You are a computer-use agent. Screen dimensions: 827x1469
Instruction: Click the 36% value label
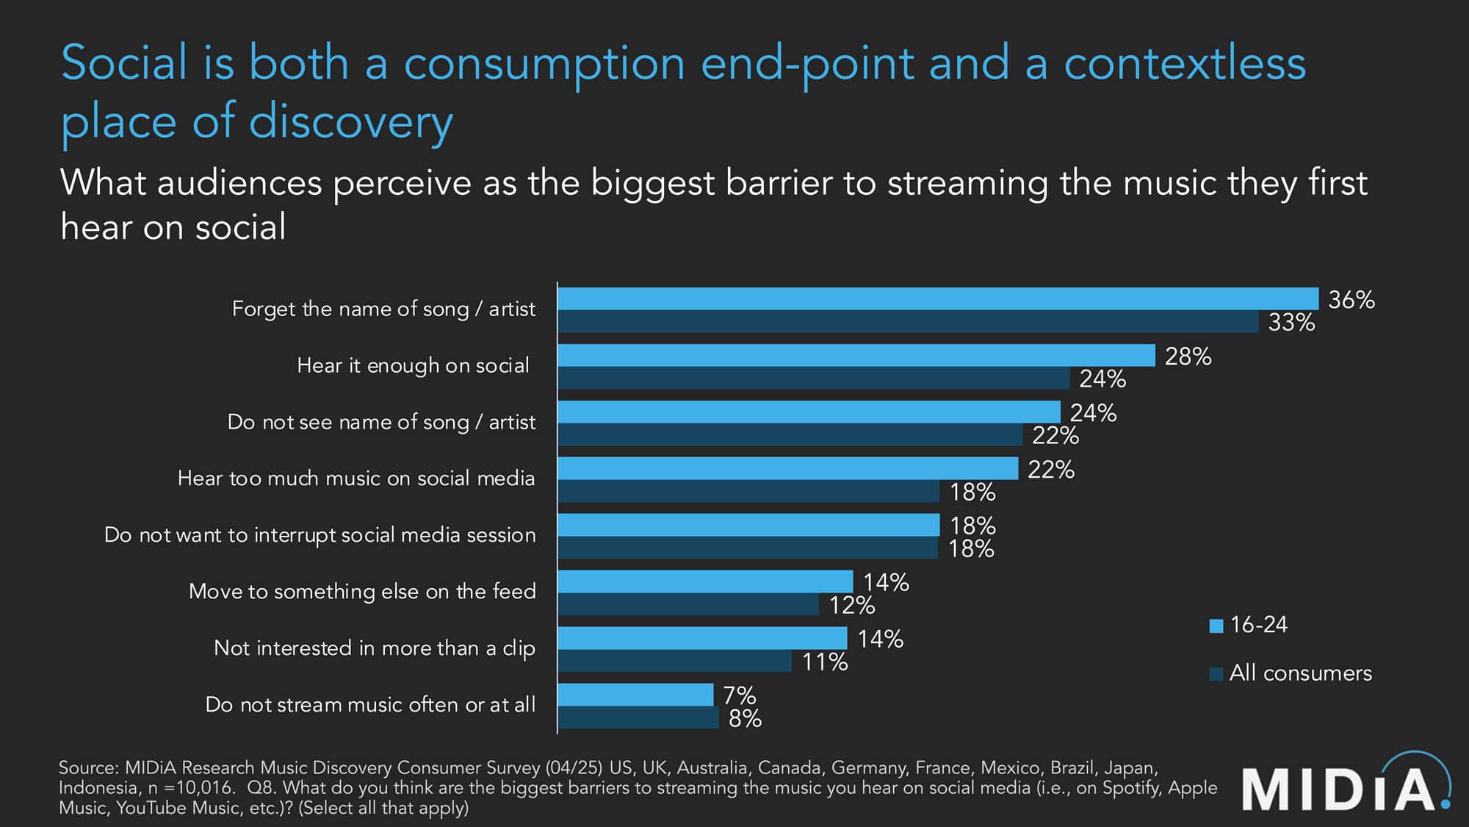pyautogui.click(x=1351, y=300)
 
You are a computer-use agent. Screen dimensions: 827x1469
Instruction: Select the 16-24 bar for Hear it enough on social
pyautogui.click(x=856, y=356)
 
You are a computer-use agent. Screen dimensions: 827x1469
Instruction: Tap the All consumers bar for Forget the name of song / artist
pyautogui.click(x=908, y=322)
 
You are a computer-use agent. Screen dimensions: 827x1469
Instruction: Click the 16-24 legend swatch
pyautogui.click(x=1216, y=626)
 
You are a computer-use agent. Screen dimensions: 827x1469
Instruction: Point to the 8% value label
pyautogui.click(x=744, y=718)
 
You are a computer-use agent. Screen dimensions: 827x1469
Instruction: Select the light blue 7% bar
pyautogui.click(x=635, y=695)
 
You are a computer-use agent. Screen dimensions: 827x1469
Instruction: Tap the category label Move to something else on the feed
pyautogui.click(x=362, y=592)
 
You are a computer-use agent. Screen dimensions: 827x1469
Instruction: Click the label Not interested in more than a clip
pyautogui.click(x=374, y=648)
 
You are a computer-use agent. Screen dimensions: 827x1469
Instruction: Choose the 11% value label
pyautogui.click(x=824, y=662)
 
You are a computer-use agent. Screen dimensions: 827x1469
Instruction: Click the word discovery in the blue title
pyautogui.click(x=351, y=122)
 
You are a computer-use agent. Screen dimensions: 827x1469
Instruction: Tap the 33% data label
pyautogui.click(x=1291, y=323)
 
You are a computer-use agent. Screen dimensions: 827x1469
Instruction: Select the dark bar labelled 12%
pyautogui.click(x=688, y=604)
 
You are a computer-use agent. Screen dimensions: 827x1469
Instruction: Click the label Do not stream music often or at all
pyautogui.click(x=369, y=704)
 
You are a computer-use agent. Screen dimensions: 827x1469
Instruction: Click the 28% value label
pyautogui.click(x=1187, y=357)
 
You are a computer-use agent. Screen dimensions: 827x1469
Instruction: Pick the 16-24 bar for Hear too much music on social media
pyautogui.click(x=787, y=469)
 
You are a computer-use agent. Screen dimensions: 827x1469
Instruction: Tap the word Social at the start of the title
pyautogui.click(x=125, y=63)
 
